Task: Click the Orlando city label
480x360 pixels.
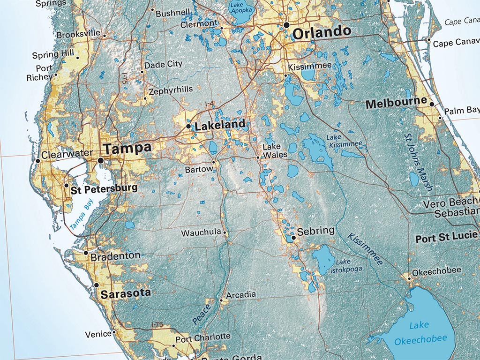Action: click(321, 32)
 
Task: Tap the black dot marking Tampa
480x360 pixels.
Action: click(100, 160)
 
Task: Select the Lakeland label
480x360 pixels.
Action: click(220, 125)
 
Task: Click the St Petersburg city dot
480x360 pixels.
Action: click(67, 186)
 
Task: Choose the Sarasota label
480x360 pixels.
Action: click(126, 293)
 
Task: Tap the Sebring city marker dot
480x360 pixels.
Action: click(293, 238)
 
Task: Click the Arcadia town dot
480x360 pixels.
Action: click(221, 300)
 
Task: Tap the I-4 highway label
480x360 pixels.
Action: click(210, 104)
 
